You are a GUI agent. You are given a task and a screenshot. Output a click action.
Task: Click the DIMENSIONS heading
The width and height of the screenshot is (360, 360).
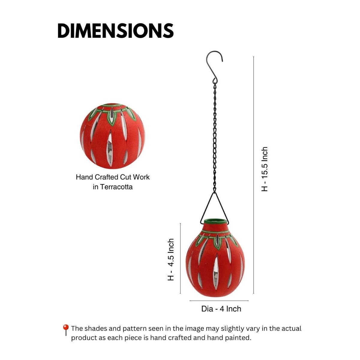pyautogui.click(x=115, y=31)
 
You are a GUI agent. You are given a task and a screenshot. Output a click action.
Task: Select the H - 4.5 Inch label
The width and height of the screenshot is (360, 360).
pyautogui.click(x=171, y=259)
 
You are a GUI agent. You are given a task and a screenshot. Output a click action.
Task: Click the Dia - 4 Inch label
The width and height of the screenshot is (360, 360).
pyautogui.click(x=221, y=309)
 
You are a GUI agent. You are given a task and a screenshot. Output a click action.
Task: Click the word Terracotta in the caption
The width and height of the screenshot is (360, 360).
pyautogui.click(x=116, y=187)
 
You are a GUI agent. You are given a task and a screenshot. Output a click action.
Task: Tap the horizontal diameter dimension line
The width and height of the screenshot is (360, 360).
pyautogui.click(x=219, y=301)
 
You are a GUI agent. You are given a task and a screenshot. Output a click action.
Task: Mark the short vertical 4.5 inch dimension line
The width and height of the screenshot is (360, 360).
pyautogui.click(x=180, y=258)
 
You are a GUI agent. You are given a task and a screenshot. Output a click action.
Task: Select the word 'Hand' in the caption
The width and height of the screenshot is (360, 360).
pyautogui.click(x=84, y=177)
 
